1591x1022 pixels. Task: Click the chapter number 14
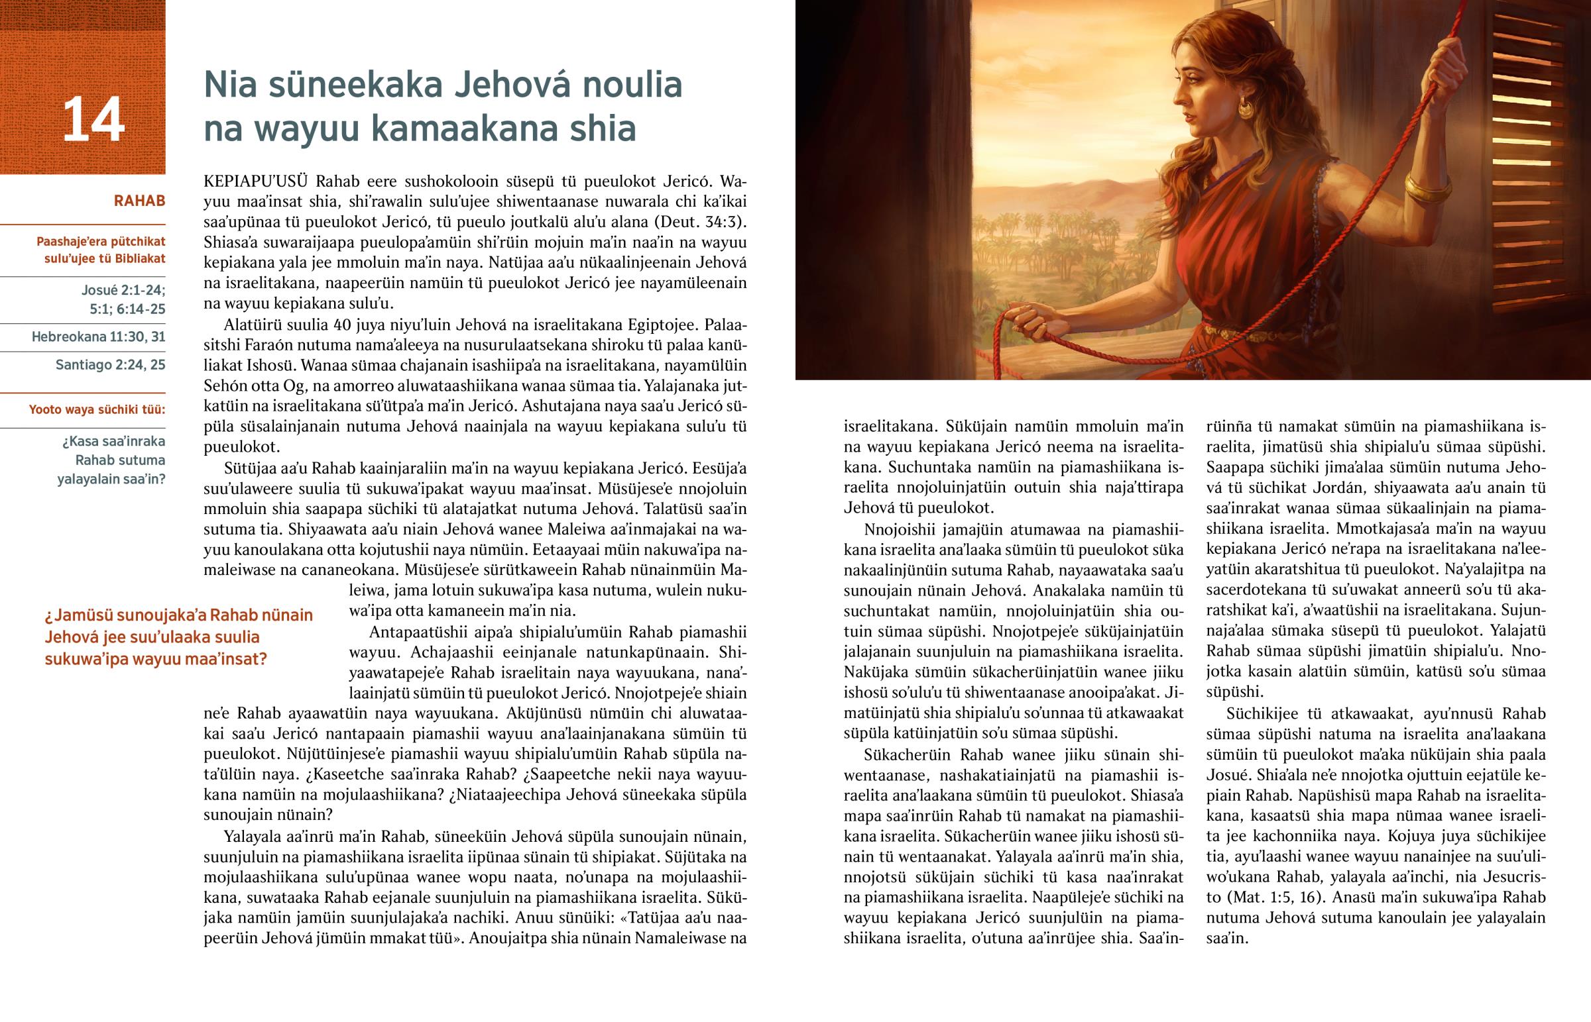coord(93,119)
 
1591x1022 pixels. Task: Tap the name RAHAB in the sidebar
coord(139,201)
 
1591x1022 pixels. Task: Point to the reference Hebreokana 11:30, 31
coord(98,337)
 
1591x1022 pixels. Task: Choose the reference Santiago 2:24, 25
coord(110,365)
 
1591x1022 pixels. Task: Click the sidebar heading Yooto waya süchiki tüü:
coord(97,409)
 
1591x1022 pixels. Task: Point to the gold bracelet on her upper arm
coord(1428,189)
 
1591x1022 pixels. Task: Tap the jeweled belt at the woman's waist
coord(1235,332)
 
